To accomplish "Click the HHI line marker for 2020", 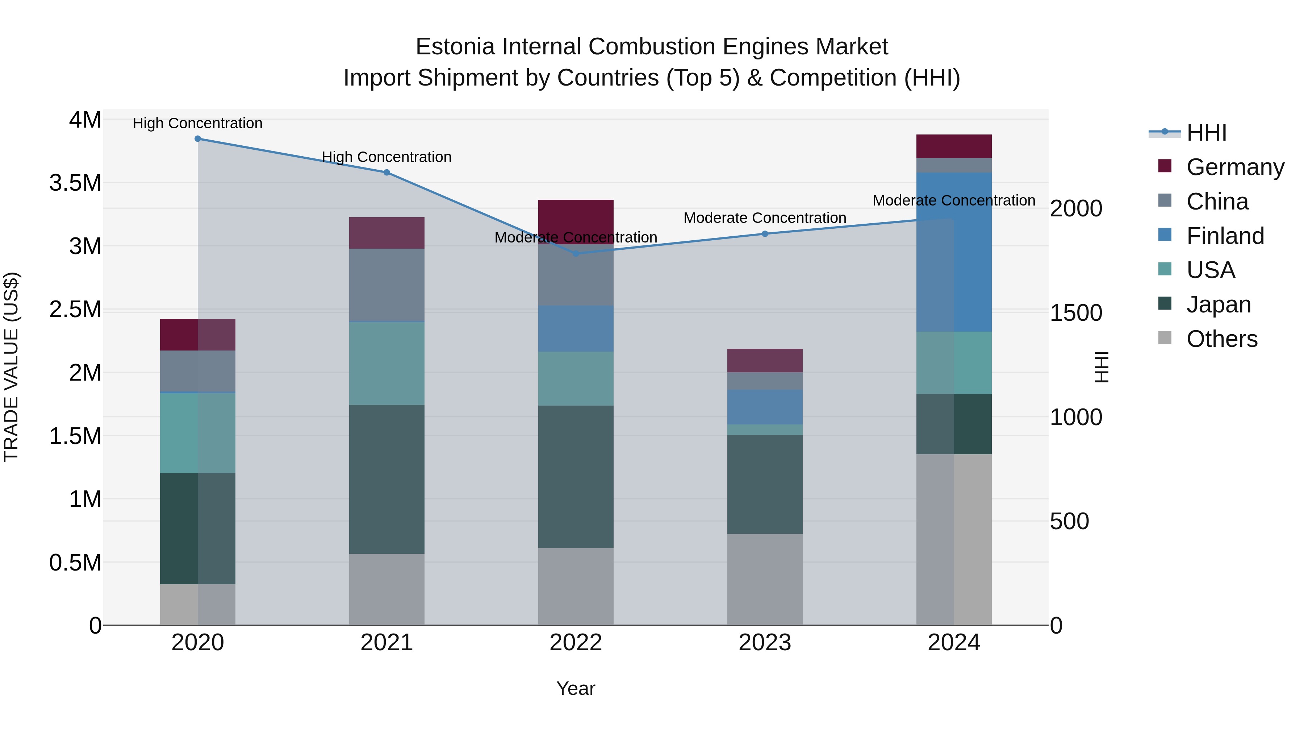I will pos(198,139).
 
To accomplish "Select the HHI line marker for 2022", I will pos(576,253).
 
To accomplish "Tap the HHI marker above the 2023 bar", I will pos(765,234).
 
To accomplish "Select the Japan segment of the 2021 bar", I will pos(387,479).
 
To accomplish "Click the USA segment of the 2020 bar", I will pos(198,433).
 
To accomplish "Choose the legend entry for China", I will pos(1217,202).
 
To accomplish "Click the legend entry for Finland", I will pos(1225,236).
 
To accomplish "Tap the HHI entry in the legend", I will pos(1206,133).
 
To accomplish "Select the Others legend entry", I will pos(1221,339).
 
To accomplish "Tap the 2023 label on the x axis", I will pos(765,643).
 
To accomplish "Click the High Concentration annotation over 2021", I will pos(387,157).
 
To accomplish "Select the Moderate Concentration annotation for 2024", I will pos(954,200).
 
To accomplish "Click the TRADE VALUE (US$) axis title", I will pos(11,367).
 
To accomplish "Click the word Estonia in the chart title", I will pos(455,47).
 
